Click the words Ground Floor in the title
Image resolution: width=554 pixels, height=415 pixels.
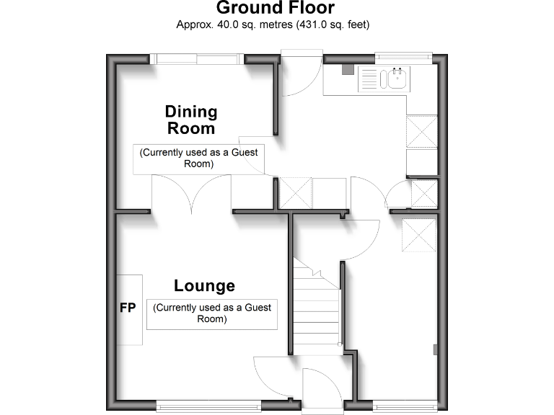pyautogui.click(x=276, y=9)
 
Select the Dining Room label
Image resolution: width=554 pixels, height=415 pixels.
pyautogui.click(x=191, y=120)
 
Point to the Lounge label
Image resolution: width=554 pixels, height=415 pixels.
pyautogui.click(x=204, y=286)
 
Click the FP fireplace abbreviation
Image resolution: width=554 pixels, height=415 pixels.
pyautogui.click(x=128, y=308)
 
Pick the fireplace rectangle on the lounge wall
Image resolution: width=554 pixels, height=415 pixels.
pyautogui.click(x=130, y=309)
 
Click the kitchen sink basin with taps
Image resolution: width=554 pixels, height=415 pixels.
pyautogui.click(x=397, y=77)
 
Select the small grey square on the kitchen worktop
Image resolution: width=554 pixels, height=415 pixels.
pyautogui.click(x=348, y=71)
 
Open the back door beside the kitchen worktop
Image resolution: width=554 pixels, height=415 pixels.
pyautogui.click(x=299, y=76)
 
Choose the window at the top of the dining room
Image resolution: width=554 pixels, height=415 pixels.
pyautogui.click(x=197, y=60)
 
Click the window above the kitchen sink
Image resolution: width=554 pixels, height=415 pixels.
pyautogui.click(x=403, y=57)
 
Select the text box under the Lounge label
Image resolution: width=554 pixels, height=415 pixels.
pyautogui.click(x=212, y=313)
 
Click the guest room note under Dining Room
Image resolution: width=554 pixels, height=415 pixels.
pyautogui.click(x=198, y=158)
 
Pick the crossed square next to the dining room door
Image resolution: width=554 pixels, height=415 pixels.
pyautogui.click(x=295, y=192)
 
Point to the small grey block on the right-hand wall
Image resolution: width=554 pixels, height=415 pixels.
pyautogui.click(x=435, y=349)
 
